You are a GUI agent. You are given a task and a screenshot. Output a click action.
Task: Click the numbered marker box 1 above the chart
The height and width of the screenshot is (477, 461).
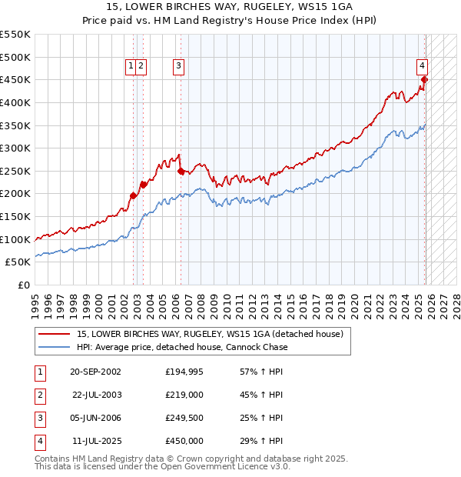132,67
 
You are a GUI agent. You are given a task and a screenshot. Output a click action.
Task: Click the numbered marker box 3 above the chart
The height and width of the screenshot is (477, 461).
178,67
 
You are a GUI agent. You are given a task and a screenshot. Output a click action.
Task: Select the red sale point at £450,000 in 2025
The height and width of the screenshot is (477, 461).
425,79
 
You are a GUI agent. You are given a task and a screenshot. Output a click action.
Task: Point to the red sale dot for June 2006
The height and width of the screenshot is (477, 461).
181,172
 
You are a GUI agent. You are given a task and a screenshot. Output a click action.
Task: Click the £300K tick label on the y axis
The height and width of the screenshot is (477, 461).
15,148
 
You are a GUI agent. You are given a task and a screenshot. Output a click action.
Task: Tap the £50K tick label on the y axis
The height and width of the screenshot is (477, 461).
18,262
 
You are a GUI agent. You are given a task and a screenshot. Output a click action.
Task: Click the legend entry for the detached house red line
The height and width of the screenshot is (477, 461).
214,334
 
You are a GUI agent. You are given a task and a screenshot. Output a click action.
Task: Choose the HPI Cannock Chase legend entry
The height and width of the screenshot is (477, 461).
182,347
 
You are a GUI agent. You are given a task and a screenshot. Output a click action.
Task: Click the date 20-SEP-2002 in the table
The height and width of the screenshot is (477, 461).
95,372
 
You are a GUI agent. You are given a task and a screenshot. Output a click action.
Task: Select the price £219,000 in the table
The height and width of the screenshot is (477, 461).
184,395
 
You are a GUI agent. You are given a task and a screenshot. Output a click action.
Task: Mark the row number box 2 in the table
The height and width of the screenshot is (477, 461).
39,395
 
